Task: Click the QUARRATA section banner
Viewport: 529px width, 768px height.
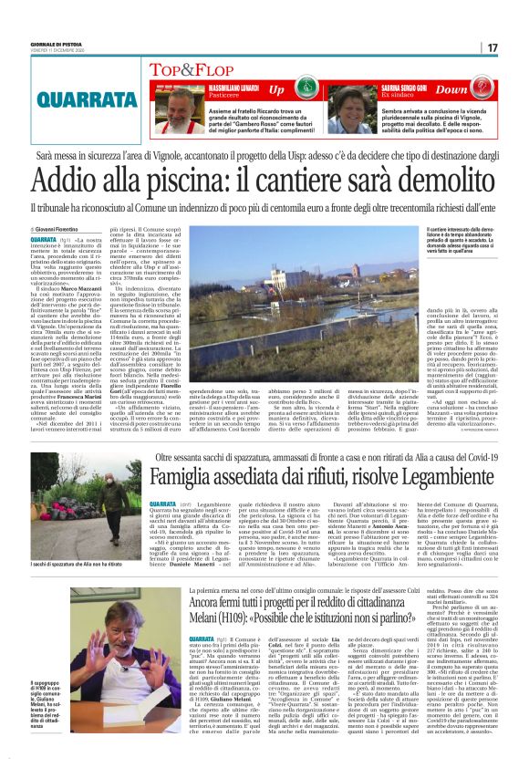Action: click(x=84, y=97)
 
